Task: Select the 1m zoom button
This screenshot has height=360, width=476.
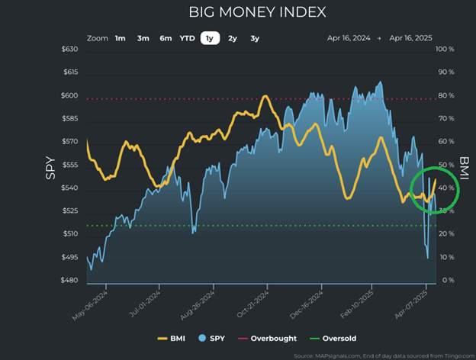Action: pos(121,37)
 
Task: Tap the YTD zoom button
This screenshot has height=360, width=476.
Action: pos(187,37)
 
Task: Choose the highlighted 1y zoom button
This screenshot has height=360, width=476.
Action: pos(209,37)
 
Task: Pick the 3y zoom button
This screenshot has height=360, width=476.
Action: pos(255,37)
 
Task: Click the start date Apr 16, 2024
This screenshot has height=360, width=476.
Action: pos(349,37)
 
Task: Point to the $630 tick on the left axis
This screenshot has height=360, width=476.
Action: pos(69,50)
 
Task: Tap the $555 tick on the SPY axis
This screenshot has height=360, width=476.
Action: pos(69,165)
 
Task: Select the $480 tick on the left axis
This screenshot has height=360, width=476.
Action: pos(69,281)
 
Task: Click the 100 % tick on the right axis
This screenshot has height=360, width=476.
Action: pos(445,50)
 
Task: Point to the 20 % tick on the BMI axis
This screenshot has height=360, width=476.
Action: pos(445,234)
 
